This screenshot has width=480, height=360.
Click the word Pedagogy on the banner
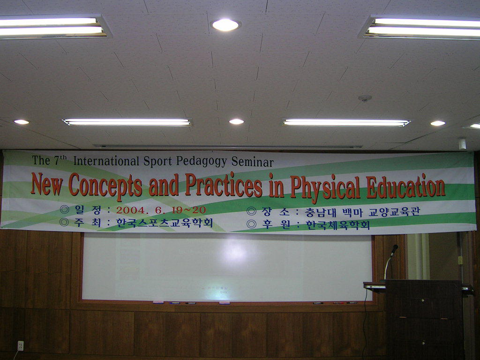tap(202, 161)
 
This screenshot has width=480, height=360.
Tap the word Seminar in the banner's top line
tap(252, 162)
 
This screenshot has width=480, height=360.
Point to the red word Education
tap(405, 186)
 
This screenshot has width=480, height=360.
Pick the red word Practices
tap(224, 186)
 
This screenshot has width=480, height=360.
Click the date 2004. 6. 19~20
tap(161, 210)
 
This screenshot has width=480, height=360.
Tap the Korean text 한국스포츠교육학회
tap(165, 223)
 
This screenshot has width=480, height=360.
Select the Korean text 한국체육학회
tap(337, 225)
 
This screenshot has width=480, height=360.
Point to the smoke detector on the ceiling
tap(365, 98)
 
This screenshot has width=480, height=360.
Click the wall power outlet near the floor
tap(21, 345)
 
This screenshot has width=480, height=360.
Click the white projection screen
tap(227, 267)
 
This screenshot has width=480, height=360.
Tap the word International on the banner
tap(106, 161)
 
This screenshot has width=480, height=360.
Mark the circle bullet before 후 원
tap(251, 225)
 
